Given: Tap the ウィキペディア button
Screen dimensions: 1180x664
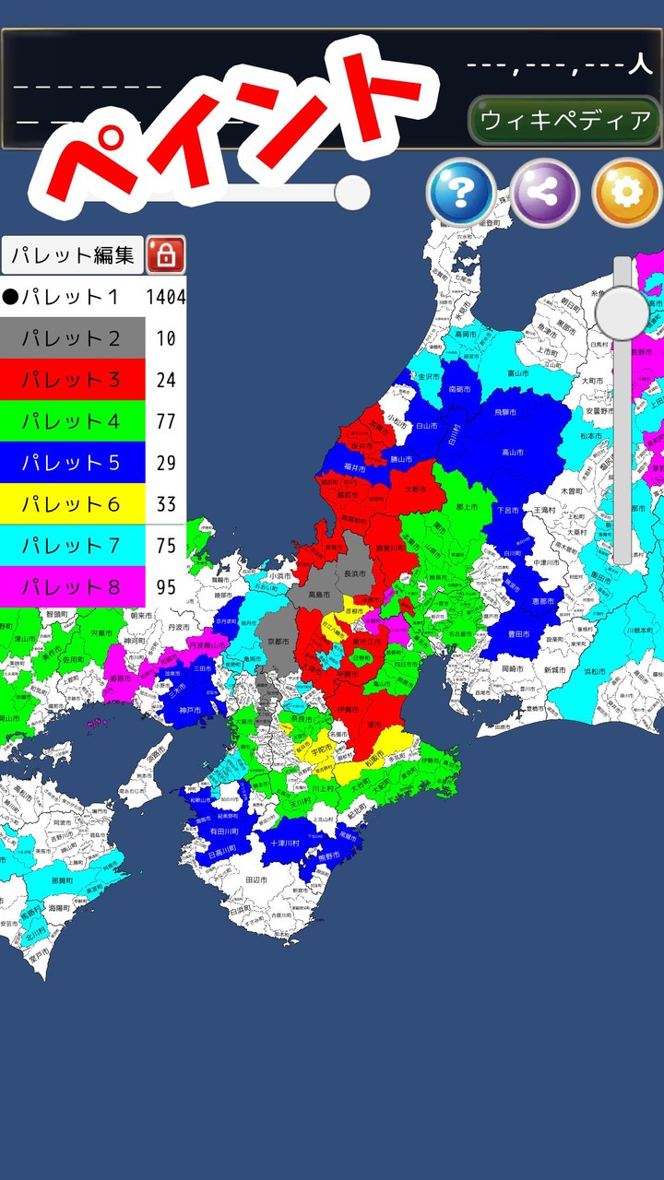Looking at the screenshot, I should [x=565, y=120].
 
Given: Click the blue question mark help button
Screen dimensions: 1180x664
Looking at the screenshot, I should [x=460, y=193].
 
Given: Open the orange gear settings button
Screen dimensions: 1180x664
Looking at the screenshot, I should [x=626, y=193].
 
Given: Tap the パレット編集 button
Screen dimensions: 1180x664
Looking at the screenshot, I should [x=72, y=254].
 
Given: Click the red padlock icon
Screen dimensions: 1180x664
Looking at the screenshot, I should [x=166, y=254].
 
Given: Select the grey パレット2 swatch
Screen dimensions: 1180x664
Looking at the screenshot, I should [x=72, y=338].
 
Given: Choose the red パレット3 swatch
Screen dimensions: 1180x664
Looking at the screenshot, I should [x=72, y=380].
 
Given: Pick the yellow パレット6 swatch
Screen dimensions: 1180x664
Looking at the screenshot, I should [x=72, y=504].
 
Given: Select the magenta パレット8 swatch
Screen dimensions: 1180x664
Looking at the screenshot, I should [x=72, y=587].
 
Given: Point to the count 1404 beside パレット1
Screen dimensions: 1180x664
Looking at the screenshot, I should [x=166, y=297].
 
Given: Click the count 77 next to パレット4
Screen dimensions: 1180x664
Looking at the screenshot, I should [x=166, y=421].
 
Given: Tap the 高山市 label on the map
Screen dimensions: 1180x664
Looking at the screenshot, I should [x=513, y=453].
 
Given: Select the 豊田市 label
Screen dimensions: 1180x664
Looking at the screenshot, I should [x=518, y=634].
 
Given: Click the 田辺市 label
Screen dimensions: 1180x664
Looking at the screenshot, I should [x=256, y=881].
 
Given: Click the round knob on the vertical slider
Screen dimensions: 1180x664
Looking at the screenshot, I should [x=622, y=313].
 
